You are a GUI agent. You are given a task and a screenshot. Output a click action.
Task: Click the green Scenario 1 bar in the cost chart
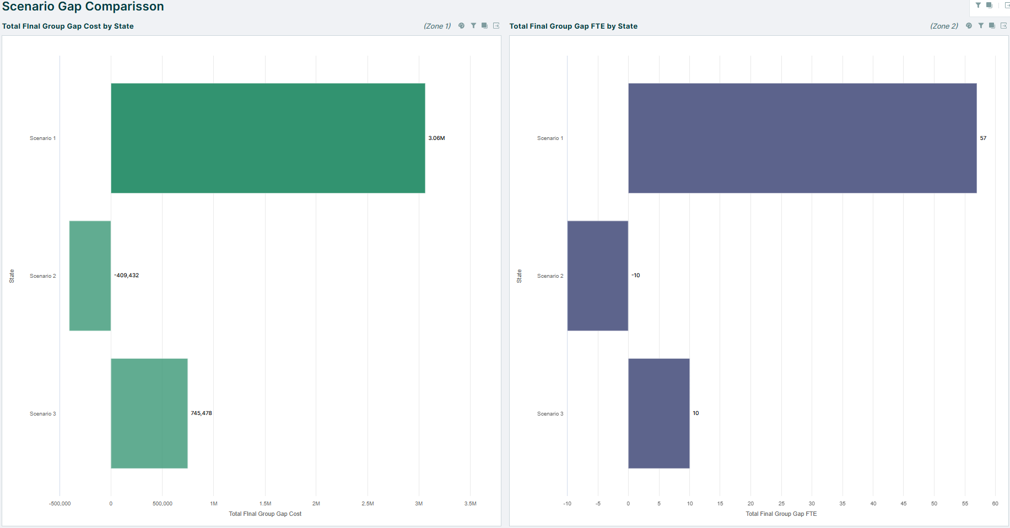click(x=268, y=138)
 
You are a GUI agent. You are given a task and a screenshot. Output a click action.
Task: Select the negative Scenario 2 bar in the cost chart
click(x=90, y=276)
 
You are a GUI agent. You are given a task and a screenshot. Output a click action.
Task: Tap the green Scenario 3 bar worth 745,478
click(x=149, y=413)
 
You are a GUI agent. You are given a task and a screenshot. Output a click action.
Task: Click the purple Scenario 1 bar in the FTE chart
click(x=802, y=138)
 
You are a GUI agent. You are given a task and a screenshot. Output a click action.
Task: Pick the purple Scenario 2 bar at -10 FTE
click(x=597, y=276)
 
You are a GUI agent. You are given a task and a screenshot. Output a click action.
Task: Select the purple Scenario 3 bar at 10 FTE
click(x=658, y=413)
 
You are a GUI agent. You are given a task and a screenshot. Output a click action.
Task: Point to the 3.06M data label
click(x=436, y=138)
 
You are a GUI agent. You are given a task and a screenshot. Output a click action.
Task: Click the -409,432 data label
click(x=127, y=276)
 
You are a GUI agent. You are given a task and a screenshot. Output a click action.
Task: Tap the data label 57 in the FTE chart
click(x=983, y=138)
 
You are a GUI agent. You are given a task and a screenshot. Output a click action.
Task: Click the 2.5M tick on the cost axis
click(x=368, y=504)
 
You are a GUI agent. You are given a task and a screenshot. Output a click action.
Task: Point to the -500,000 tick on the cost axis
click(x=60, y=504)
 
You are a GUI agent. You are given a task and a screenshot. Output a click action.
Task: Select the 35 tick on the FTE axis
click(x=842, y=504)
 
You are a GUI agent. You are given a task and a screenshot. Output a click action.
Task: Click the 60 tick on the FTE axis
click(x=995, y=504)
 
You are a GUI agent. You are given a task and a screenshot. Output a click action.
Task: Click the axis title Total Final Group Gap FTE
click(x=781, y=514)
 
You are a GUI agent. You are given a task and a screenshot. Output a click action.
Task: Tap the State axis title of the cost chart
click(x=12, y=276)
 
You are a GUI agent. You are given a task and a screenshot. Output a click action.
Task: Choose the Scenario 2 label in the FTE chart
click(x=550, y=276)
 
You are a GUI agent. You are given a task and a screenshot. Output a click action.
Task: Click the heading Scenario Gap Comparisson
click(x=83, y=7)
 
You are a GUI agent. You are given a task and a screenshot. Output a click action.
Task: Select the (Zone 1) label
click(x=437, y=26)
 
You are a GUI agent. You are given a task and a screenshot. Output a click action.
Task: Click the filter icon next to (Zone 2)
click(x=981, y=26)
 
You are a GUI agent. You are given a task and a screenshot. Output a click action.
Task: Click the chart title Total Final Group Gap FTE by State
click(x=573, y=26)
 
